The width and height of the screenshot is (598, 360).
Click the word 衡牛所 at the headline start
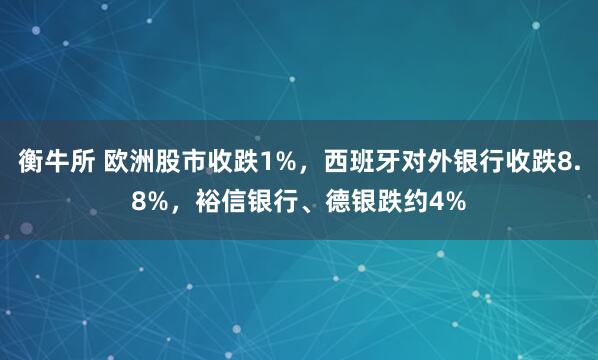tap(51, 163)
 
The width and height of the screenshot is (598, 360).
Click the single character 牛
tap(51, 163)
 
